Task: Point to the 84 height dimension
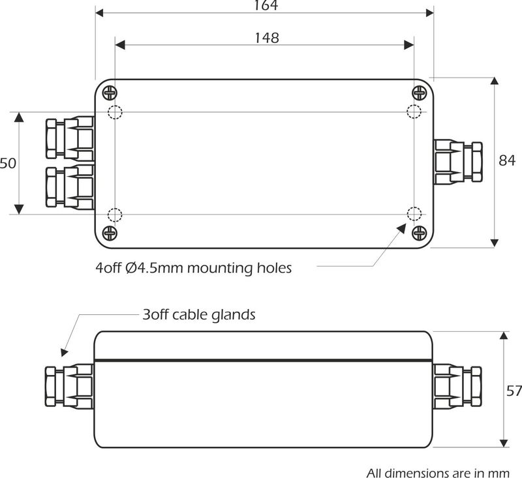[x=506, y=160]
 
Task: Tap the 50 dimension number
[x=7, y=163]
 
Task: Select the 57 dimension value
[x=514, y=391]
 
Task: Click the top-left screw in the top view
[x=109, y=92]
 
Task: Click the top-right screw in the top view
[x=419, y=92]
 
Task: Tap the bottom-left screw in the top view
[x=109, y=233]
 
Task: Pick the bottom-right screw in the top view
[x=419, y=233]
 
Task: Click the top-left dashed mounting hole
[x=115, y=112]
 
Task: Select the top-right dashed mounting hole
[x=414, y=112]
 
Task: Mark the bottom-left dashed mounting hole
[x=115, y=214]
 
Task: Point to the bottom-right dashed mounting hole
[x=414, y=214]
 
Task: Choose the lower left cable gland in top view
[x=69, y=188]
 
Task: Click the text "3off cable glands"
[x=198, y=314]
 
